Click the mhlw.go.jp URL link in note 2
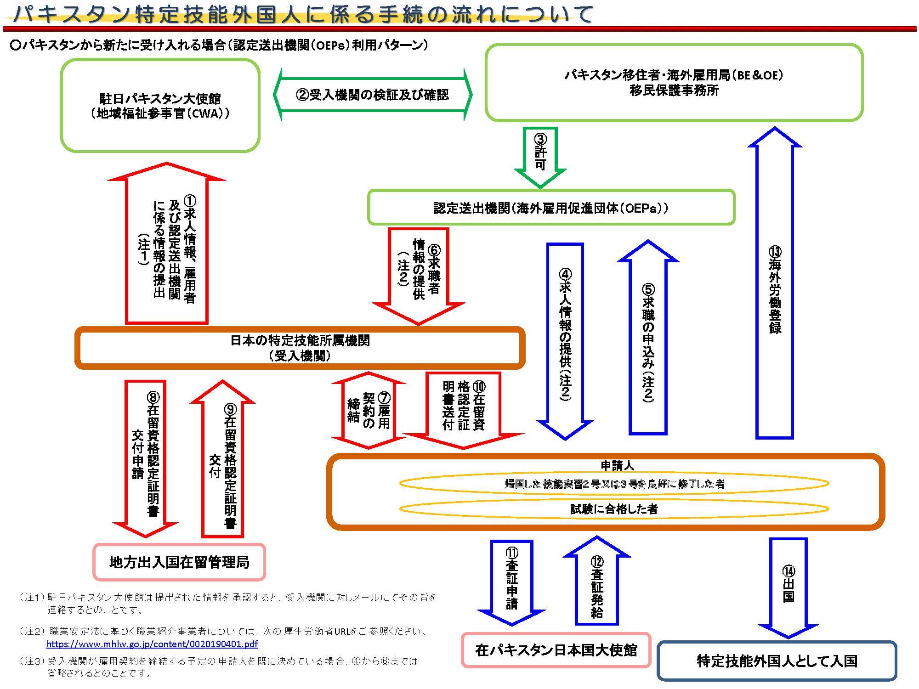click(x=152, y=644)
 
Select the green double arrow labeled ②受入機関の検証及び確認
click(x=372, y=95)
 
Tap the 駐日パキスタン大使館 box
click(x=160, y=106)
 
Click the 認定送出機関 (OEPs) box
click(x=550, y=208)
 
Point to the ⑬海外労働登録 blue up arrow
click(x=775, y=289)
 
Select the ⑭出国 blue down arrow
click(x=788, y=586)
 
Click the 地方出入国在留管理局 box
click(x=179, y=562)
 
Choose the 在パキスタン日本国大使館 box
click(x=556, y=650)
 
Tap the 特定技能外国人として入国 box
click(x=777, y=661)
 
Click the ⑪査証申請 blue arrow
click(x=512, y=579)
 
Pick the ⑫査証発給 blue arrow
click(x=596, y=583)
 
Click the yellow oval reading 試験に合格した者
click(x=614, y=509)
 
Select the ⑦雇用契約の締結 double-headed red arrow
click(x=369, y=410)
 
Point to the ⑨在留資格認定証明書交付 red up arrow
click(x=223, y=464)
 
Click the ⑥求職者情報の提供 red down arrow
click(x=418, y=271)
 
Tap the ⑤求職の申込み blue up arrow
click(x=648, y=342)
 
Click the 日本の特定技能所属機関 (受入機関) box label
click(x=300, y=348)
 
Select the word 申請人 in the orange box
click(x=617, y=466)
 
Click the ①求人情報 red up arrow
click(x=167, y=248)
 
